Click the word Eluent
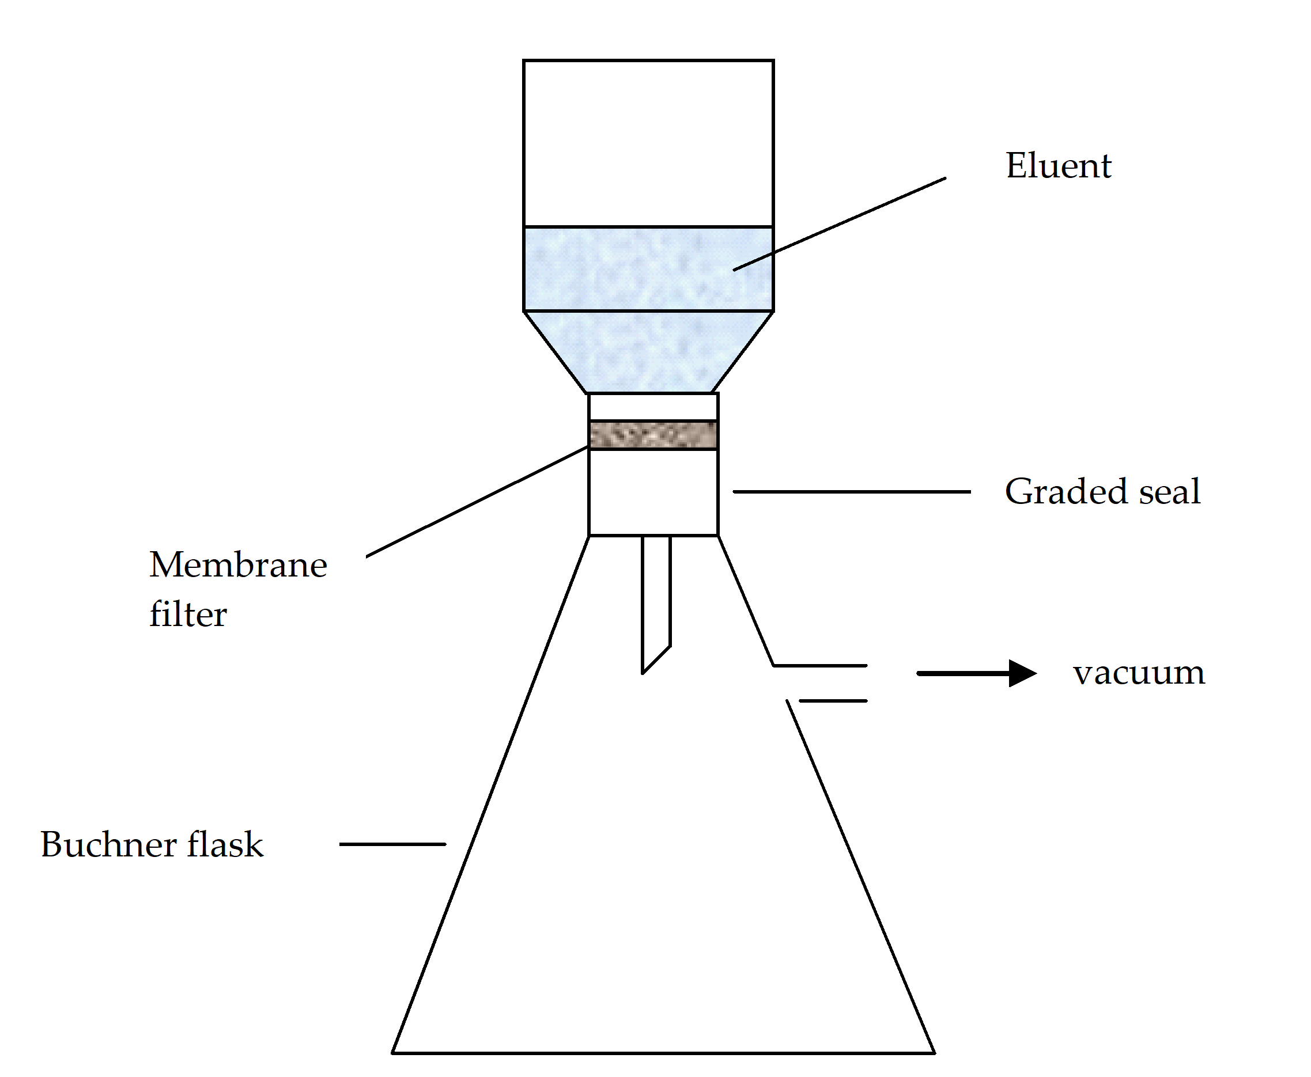[x=1058, y=166]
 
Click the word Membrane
[x=238, y=565]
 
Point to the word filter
[x=188, y=614]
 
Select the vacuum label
[x=1139, y=673]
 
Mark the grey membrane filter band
[x=653, y=434]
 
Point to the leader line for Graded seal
[x=851, y=492]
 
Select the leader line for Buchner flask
[x=392, y=844]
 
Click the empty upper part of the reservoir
[x=648, y=143]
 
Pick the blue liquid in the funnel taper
[x=648, y=351]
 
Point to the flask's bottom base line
[x=663, y=1053]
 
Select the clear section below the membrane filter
[x=653, y=492]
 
